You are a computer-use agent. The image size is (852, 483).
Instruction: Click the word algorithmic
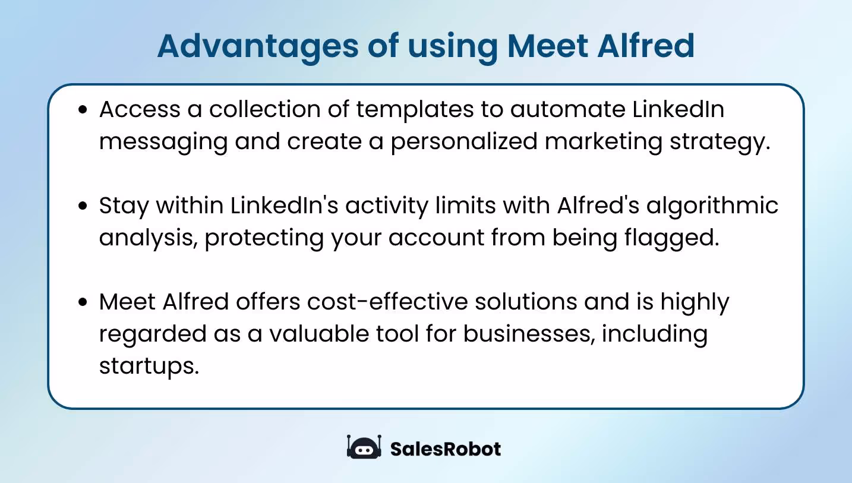[712, 206]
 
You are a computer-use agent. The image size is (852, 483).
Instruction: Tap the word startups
[148, 367]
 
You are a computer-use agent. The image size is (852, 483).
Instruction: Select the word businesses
[529, 334]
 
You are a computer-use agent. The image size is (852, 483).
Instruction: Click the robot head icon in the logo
[363, 448]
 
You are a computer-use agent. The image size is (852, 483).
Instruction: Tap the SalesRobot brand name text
[445, 449]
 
